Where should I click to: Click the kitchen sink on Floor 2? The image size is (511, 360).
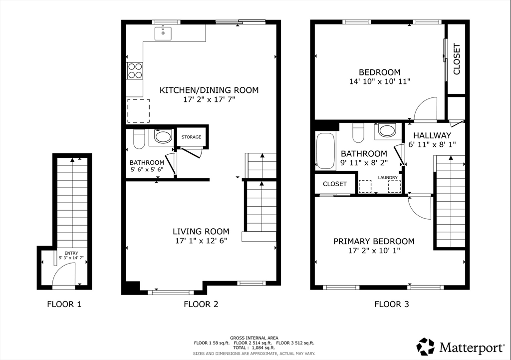163,33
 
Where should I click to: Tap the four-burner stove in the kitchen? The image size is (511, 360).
135,71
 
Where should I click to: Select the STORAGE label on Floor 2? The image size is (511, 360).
191,137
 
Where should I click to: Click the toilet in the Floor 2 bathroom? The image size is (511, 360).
139,139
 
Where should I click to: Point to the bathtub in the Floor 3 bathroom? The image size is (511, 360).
325,150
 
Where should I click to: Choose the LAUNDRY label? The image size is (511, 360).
388,178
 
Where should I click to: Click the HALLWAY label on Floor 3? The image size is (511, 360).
432,135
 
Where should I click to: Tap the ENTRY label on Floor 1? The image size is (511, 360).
71,253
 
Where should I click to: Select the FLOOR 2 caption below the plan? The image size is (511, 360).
201,304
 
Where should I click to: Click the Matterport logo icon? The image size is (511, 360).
426,347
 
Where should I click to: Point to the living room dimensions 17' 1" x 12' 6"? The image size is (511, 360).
201,241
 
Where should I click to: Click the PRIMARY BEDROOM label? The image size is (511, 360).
374,241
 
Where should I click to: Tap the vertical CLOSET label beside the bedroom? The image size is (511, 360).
457,59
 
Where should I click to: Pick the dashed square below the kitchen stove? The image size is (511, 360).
139,110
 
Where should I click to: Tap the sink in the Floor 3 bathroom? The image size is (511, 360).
387,130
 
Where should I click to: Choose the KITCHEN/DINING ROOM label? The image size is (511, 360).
209,90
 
